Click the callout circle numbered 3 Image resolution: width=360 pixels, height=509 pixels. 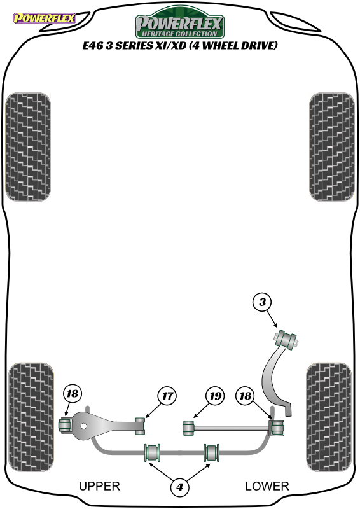tap(262, 302)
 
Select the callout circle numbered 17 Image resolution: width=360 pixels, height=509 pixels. tap(167, 396)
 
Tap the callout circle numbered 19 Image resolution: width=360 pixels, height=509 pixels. tap(215, 396)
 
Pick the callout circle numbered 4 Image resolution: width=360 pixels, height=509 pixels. tap(179, 487)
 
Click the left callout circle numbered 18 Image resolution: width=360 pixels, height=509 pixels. tap(72, 394)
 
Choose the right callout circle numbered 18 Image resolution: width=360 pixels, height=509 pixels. tap(245, 396)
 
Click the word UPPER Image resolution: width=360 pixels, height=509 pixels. tap(99, 486)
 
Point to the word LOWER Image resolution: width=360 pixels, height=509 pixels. tap(267, 486)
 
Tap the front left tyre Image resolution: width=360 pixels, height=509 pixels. tap(28, 147)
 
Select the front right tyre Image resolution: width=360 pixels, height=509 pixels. tap(332, 147)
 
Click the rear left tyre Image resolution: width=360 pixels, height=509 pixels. tap(31, 417)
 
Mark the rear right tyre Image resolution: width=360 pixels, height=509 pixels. tap(328, 417)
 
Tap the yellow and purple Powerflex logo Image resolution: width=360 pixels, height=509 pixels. tap(45, 18)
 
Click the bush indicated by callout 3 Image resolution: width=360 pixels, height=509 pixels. tap(286, 340)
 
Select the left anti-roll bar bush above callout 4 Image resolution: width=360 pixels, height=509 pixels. tap(152, 452)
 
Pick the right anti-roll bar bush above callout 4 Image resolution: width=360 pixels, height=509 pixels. tap(211, 452)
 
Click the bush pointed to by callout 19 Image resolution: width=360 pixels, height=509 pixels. tap(188, 428)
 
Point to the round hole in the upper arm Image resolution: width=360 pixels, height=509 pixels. tap(84, 426)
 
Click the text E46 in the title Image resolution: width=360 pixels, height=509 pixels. tap(93, 45)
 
